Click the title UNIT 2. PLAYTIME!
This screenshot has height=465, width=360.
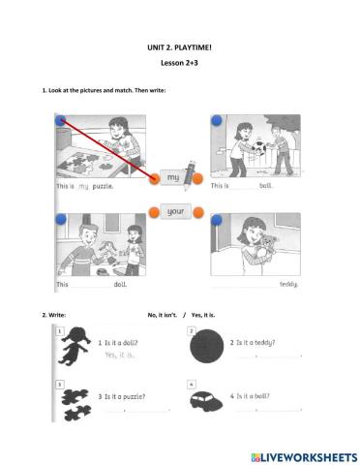[x=179, y=46]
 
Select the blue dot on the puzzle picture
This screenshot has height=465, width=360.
[x=61, y=121]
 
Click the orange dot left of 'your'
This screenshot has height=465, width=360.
[x=154, y=210]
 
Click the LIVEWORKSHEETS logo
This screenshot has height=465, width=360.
[x=298, y=454]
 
